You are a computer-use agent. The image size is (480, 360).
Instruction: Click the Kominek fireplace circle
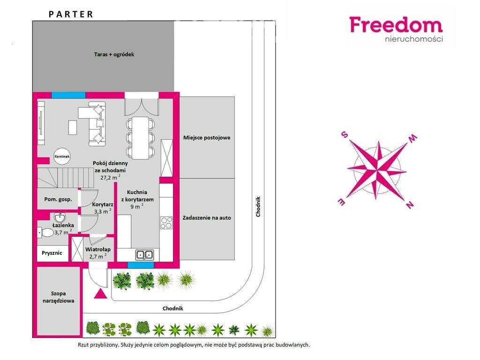click(x=62, y=157)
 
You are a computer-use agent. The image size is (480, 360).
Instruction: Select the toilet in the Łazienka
click(x=45, y=232)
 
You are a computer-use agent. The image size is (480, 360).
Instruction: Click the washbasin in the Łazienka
click(x=60, y=217)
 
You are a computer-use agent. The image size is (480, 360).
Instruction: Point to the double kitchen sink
click(x=144, y=255)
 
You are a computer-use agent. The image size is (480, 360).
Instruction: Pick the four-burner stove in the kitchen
click(x=166, y=223)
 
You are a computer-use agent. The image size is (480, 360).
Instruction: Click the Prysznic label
click(x=52, y=253)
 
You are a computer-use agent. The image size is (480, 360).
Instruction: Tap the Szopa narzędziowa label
click(x=59, y=297)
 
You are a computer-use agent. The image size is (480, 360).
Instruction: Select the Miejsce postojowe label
click(x=207, y=138)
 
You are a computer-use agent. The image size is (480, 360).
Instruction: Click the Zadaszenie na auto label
click(x=207, y=218)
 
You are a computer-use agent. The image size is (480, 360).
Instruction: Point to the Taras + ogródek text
click(x=114, y=54)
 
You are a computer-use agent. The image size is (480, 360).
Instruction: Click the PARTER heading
click(x=71, y=15)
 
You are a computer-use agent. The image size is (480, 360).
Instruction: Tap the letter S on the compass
click(x=345, y=135)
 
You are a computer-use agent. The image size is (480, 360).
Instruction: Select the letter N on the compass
click(x=410, y=205)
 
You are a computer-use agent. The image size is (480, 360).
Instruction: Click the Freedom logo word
click(x=396, y=25)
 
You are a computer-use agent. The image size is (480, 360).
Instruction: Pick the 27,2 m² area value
click(x=110, y=177)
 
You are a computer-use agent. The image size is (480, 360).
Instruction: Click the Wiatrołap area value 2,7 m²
click(x=98, y=256)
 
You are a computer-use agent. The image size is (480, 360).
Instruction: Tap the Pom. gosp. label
click(x=58, y=200)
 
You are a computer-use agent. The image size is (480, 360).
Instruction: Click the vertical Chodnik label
click(x=258, y=207)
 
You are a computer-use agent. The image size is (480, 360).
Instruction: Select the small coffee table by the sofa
click(x=73, y=127)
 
